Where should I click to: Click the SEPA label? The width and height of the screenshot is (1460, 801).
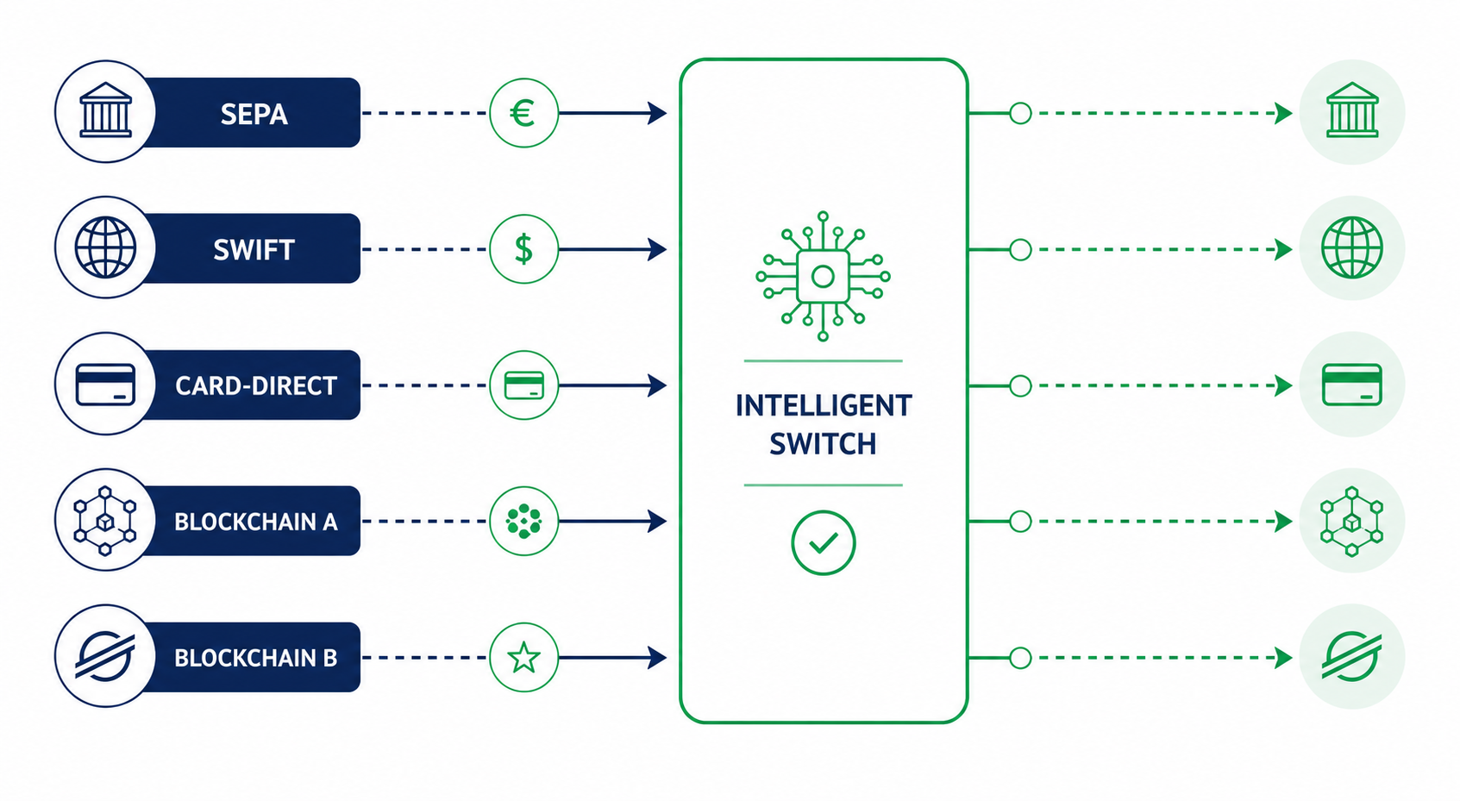[254, 114]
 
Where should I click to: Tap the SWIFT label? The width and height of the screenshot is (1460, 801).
[254, 250]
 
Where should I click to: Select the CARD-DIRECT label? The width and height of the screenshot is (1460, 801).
[255, 385]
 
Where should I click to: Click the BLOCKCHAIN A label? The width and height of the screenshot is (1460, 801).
[255, 522]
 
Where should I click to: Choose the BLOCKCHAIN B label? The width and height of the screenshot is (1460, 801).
[255, 658]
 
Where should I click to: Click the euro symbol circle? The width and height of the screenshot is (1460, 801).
[523, 114]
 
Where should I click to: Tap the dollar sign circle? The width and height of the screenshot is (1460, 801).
[523, 249]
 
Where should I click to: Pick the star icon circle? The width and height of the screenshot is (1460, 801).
[523, 657]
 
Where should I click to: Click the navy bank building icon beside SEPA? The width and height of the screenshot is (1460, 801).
[105, 110]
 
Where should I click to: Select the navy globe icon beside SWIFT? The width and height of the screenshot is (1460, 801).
[105, 247]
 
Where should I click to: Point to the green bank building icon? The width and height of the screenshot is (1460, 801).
[1352, 110]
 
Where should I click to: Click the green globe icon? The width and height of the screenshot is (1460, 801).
[1352, 247]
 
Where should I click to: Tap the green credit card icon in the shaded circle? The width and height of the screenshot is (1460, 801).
[1352, 385]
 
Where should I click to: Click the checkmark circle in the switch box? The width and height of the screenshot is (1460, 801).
[824, 542]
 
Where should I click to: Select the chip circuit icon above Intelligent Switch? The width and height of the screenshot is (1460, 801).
[824, 277]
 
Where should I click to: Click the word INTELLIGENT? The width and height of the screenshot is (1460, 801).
[824, 405]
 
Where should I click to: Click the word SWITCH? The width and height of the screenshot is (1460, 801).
[824, 444]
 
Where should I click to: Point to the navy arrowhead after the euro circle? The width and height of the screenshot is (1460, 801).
[657, 114]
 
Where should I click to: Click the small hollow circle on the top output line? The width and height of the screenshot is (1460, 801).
[1020, 114]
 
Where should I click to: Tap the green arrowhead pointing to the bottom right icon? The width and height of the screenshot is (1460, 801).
[1283, 658]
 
